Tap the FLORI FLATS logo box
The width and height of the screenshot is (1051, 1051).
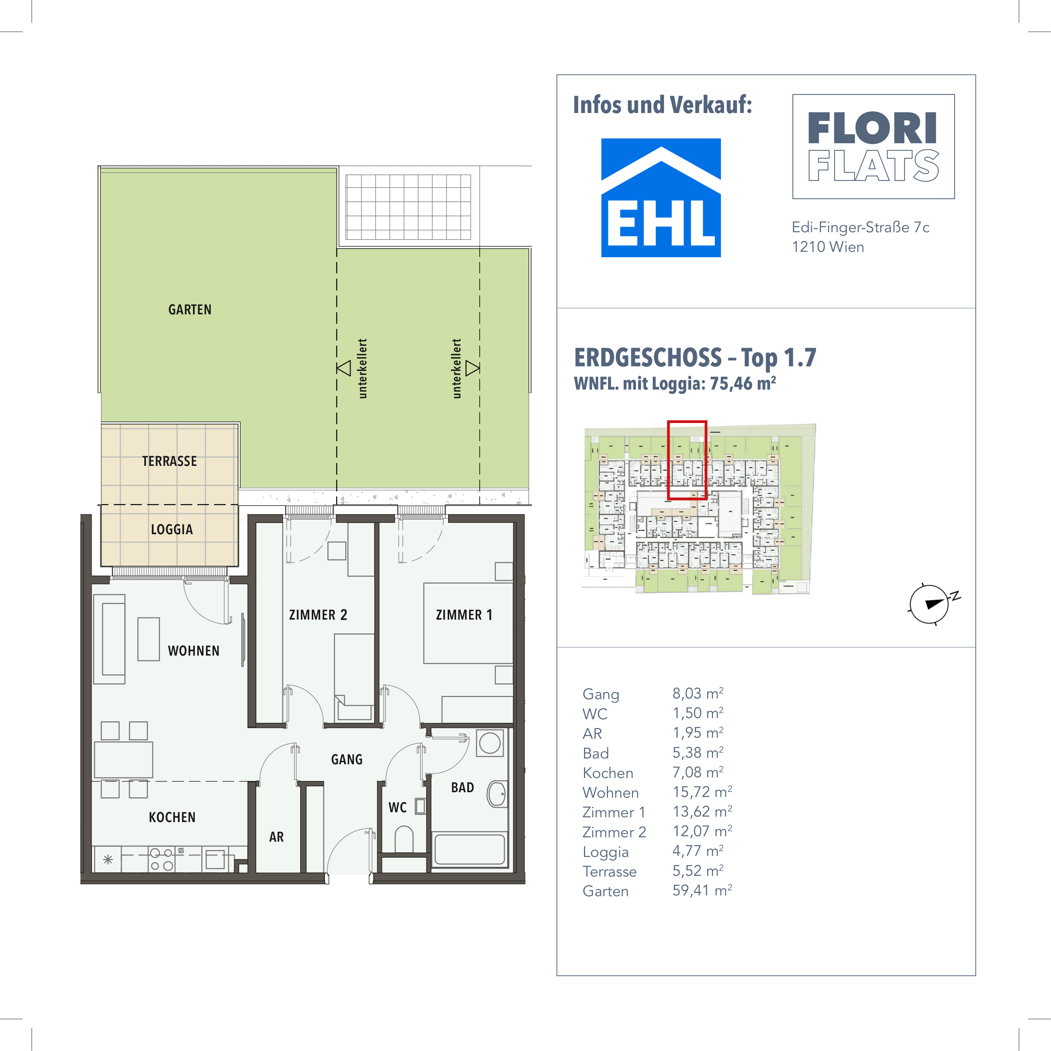tap(873, 146)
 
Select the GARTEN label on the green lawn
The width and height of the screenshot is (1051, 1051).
tap(190, 310)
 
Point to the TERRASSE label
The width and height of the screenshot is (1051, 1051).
tap(170, 461)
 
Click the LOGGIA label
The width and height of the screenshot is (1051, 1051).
tap(172, 529)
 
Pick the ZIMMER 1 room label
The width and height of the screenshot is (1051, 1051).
tap(464, 615)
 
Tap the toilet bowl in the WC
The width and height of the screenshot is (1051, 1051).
tap(404, 838)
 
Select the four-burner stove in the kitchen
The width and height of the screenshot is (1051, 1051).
tap(162, 859)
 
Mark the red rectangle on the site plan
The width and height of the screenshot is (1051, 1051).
tap(687, 460)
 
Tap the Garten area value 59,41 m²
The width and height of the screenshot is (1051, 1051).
tap(702, 890)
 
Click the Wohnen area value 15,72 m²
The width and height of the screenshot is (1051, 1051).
tap(702, 792)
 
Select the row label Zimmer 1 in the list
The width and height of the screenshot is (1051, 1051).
tap(613, 812)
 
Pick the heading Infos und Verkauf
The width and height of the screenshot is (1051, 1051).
tap(662, 105)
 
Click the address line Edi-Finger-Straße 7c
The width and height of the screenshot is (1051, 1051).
tap(860, 227)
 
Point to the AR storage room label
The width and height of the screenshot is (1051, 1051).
tap(276, 837)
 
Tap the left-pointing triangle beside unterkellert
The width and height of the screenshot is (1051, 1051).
tap(344, 368)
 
